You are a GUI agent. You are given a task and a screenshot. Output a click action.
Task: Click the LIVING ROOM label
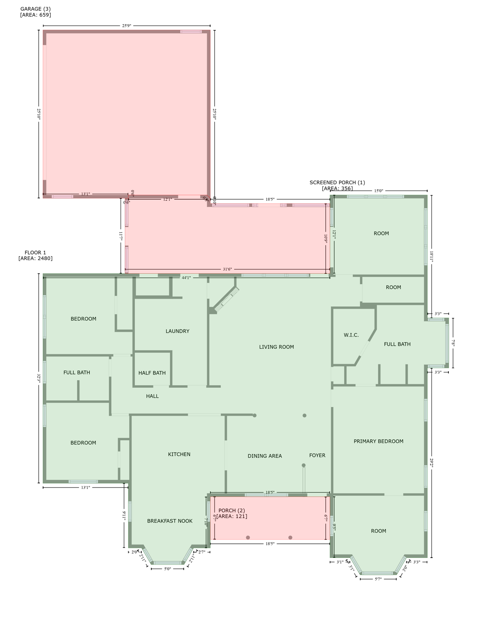pos(276,347)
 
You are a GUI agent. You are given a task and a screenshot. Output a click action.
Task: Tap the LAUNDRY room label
pos(177,331)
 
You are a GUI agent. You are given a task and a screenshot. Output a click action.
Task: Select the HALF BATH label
pos(152,373)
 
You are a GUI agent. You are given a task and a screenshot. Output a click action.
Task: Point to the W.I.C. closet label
pos(351,335)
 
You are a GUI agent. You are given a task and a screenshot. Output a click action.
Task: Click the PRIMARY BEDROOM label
pos(378,441)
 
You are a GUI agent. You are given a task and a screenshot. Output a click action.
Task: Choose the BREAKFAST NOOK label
pos(170,521)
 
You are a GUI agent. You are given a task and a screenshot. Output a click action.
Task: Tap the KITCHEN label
pos(179,454)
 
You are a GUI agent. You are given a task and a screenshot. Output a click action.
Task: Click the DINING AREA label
pos(265,456)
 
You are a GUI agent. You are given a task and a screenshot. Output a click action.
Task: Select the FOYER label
pos(317,456)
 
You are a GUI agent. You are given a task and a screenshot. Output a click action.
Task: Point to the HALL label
pos(152,396)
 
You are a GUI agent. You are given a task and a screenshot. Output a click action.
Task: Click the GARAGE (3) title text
pos(35,9)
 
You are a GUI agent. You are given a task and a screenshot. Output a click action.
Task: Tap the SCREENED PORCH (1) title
pos(337,183)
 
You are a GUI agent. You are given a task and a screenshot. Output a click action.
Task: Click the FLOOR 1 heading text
pos(35,253)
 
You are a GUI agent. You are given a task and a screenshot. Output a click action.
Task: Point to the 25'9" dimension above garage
pos(126,26)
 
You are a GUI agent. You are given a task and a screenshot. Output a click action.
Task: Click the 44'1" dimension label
pos(186,277)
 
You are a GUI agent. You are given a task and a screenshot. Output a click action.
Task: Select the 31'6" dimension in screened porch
pos(227,269)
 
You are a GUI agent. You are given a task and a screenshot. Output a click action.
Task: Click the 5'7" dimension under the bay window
pos(378,579)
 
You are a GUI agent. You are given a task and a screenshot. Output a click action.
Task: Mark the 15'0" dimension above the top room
pos(379,191)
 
